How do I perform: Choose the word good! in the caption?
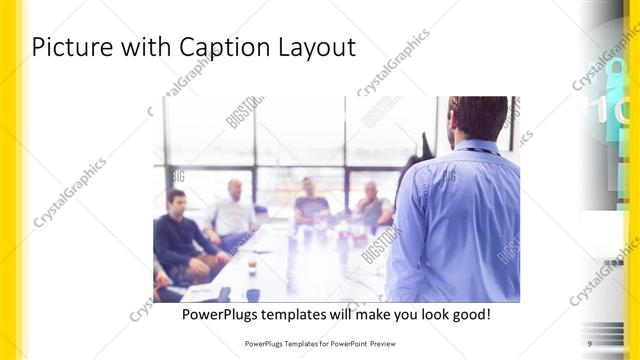point(466,314)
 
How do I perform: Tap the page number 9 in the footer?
point(590,343)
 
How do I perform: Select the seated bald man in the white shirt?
point(233,212)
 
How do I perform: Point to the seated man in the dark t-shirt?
point(310,204)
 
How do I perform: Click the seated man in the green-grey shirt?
point(372,207)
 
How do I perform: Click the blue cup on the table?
point(253,294)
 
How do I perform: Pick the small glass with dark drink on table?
point(252,267)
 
